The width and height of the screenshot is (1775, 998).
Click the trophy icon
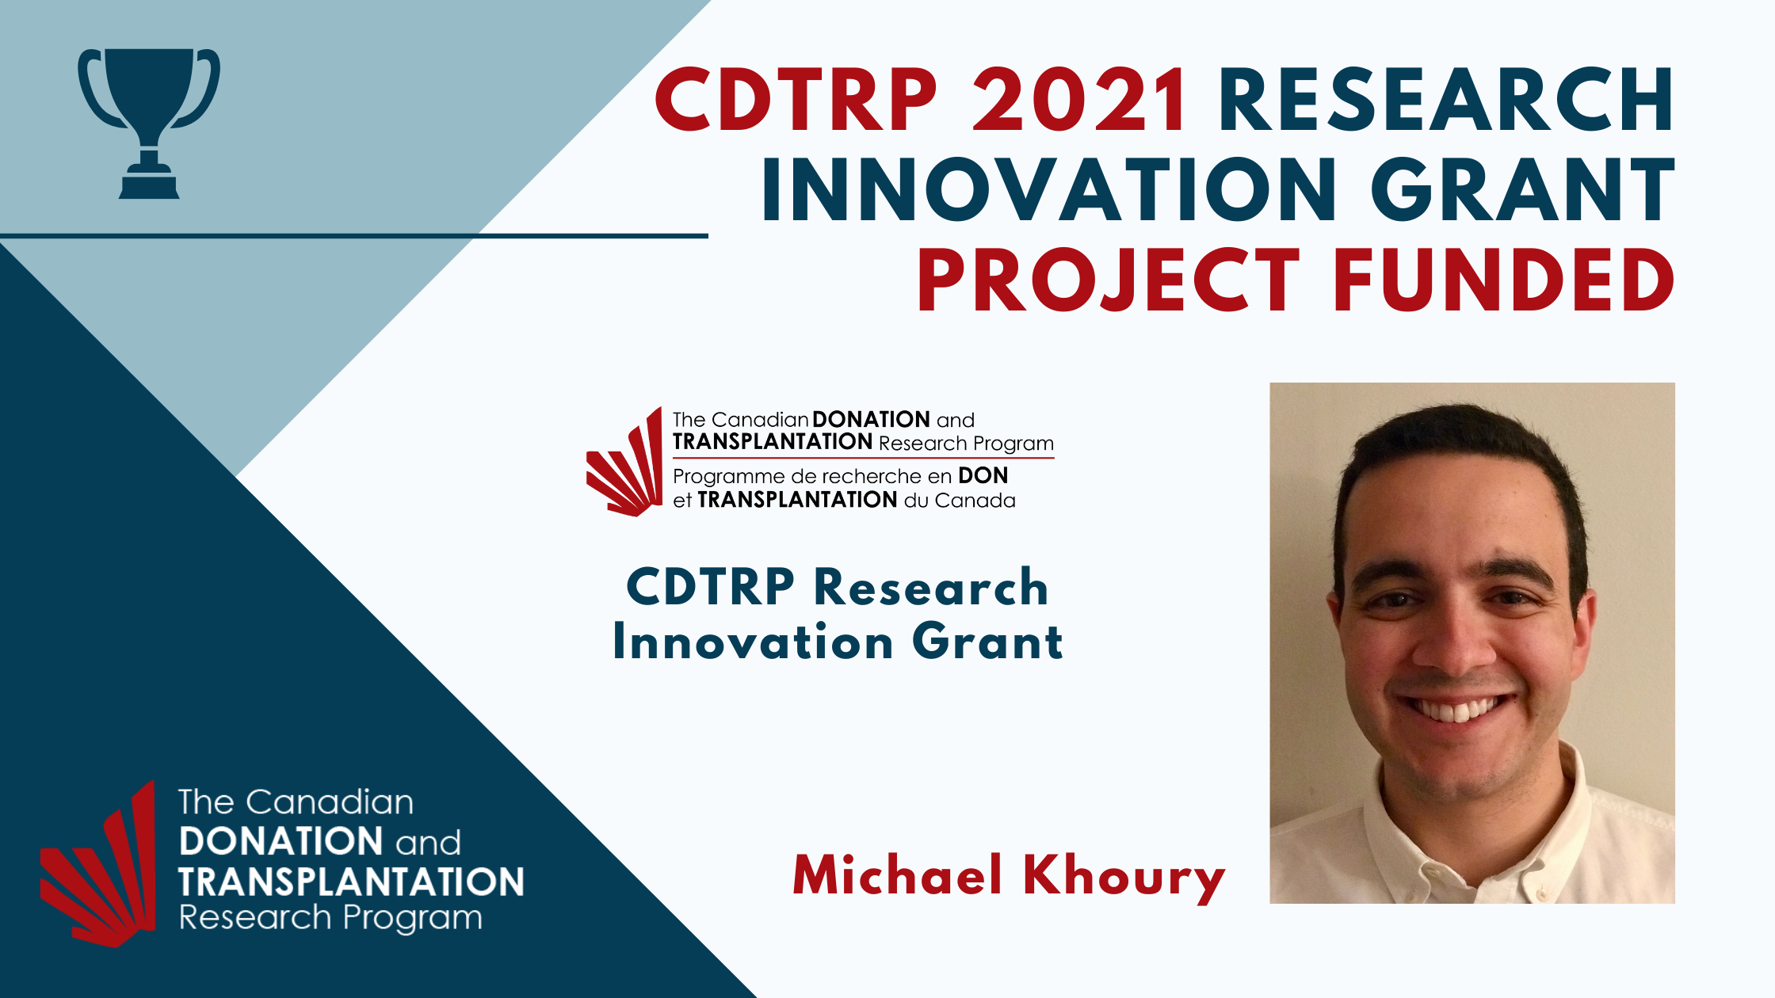pyautogui.click(x=149, y=123)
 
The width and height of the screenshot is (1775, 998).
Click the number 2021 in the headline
pyautogui.click(x=1080, y=100)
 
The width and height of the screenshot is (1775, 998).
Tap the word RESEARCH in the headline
pyautogui.click(x=1447, y=100)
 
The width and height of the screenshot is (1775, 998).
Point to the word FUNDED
pyautogui.click(x=1504, y=280)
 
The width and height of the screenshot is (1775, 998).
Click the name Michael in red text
pyautogui.click(x=898, y=876)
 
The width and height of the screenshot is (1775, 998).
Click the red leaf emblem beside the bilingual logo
pyautogui.click(x=624, y=463)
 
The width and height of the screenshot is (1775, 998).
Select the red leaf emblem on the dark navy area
pyautogui.click(x=98, y=864)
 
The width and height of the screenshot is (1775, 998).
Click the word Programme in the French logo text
pyautogui.click(x=729, y=478)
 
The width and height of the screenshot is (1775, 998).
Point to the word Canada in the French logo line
pyautogui.click(x=975, y=501)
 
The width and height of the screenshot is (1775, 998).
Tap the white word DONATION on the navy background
pyautogui.click(x=281, y=842)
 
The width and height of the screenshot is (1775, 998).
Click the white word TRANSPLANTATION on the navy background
pyautogui.click(x=352, y=882)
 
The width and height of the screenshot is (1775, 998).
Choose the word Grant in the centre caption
pyautogui.click(x=987, y=642)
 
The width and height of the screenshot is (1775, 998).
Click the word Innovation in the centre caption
pyautogui.click(x=754, y=642)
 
